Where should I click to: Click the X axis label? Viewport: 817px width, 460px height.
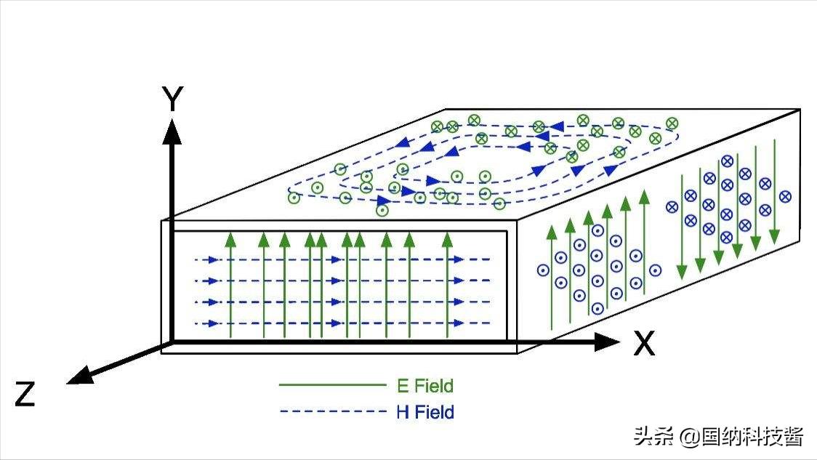click(643, 343)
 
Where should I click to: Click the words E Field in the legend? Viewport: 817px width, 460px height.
click(425, 386)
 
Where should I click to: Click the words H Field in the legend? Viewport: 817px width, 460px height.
click(425, 413)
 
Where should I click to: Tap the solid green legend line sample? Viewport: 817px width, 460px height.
click(332, 385)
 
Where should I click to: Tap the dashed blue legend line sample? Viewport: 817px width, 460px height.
click(332, 412)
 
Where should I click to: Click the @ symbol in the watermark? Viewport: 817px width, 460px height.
click(688, 436)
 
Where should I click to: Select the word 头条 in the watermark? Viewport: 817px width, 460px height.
click(653, 436)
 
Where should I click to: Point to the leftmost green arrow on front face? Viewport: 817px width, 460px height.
click(230, 283)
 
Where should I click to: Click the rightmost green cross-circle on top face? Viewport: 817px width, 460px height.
click(672, 124)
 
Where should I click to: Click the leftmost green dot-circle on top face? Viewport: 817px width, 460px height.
click(294, 197)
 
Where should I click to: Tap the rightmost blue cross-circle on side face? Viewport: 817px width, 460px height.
click(785, 196)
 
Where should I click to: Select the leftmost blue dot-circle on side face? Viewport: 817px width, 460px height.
click(542, 270)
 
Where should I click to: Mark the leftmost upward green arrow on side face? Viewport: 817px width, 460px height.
click(551, 276)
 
